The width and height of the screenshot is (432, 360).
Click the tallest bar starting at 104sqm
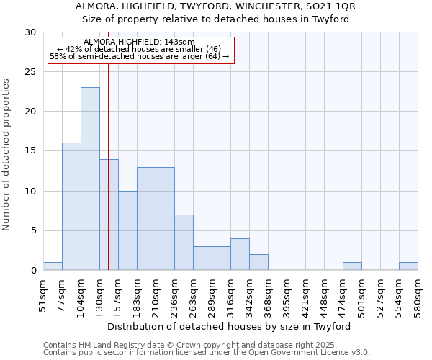click(90, 179)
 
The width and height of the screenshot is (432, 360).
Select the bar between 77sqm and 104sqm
click(71, 207)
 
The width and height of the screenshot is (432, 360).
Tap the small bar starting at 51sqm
click(53, 266)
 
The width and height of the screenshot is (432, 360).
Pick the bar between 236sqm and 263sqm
click(184, 243)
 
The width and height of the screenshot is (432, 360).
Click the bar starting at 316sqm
click(240, 254)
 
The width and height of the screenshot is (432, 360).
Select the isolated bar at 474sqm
click(352, 266)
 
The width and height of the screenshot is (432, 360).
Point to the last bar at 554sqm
click(408, 266)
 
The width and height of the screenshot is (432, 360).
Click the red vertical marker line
click(108, 180)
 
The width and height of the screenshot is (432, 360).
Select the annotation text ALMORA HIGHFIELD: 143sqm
click(139, 42)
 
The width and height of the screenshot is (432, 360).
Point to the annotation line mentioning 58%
click(139, 56)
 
